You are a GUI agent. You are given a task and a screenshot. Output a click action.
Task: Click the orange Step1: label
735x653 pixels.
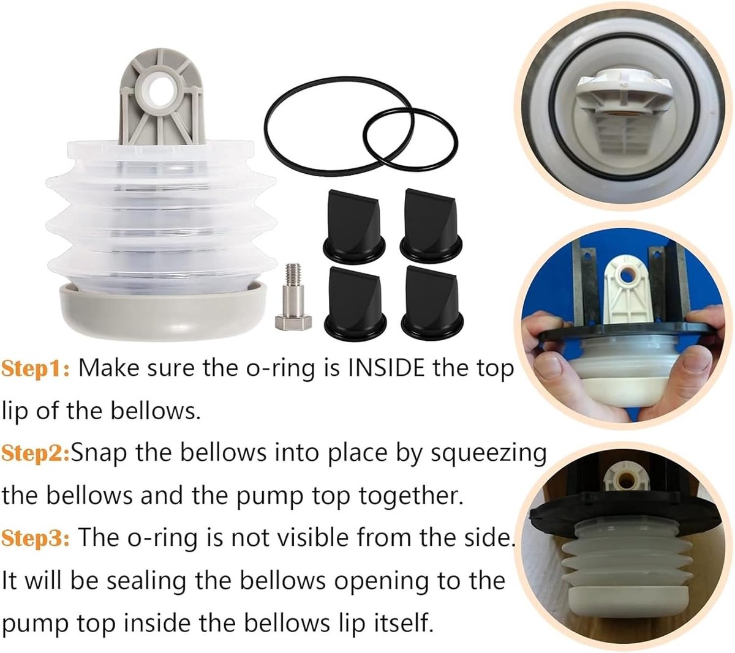(36, 370)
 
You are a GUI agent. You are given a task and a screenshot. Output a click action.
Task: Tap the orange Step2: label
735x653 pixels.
(36, 453)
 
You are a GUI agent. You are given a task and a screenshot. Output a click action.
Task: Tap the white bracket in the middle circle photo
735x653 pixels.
(625, 294)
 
